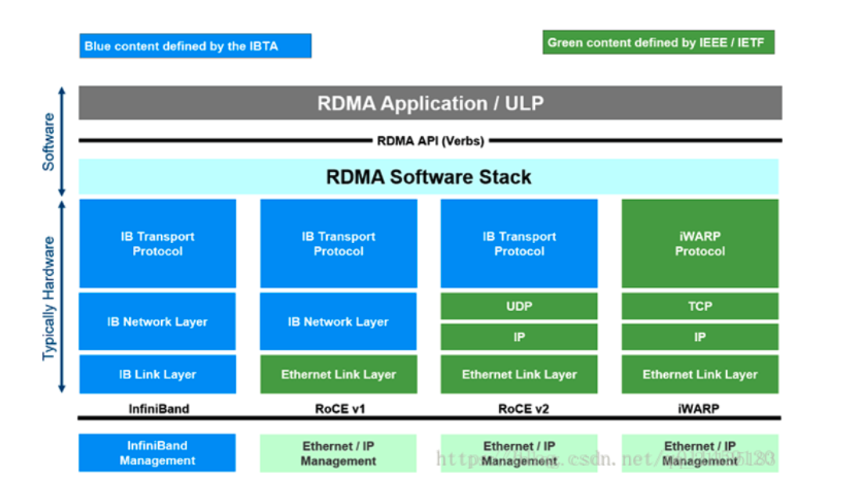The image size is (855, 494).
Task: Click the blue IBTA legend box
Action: (x=195, y=45)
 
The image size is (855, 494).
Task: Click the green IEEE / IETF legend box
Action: (x=658, y=43)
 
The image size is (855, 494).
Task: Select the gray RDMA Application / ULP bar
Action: (x=429, y=103)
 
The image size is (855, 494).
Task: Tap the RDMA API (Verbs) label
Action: (x=430, y=141)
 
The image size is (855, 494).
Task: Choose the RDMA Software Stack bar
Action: (x=429, y=177)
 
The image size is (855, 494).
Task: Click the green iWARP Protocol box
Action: (x=699, y=243)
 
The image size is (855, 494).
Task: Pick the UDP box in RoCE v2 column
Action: (x=519, y=306)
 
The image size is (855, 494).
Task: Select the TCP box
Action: (x=699, y=306)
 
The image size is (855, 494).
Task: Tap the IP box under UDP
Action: (x=519, y=337)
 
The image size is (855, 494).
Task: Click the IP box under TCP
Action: (x=699, y=337)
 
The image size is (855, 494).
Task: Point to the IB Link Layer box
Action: (x=157, y=374)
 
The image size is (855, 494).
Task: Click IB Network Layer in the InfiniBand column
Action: (x=157, y=321)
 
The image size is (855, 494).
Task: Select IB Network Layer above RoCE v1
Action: (x=338, y=321)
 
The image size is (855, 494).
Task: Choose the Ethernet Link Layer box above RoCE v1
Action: (x=338, y=374)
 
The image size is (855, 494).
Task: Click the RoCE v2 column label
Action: (x=519, y=408)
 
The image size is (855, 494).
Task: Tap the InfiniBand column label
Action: (x=157, y=408)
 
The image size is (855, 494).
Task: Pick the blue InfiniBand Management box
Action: (x=157, y=453)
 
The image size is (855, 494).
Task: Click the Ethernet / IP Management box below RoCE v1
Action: (x=338, y=453)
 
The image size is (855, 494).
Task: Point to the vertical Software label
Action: (x=48, y=141)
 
